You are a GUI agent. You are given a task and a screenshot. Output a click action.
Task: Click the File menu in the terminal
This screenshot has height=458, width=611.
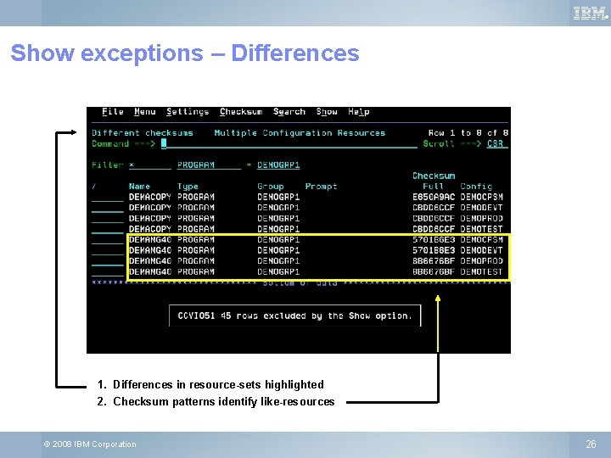(113, 112)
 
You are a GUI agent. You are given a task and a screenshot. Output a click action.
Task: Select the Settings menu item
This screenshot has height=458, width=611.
(188, 112)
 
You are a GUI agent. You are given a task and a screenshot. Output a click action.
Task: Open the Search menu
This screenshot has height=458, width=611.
(289, 112)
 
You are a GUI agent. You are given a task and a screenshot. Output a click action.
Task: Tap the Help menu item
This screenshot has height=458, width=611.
(359, 112)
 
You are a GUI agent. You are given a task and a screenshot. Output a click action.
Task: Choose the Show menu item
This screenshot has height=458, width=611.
(327, 112)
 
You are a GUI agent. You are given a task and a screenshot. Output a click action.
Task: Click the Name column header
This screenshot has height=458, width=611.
(139, 187)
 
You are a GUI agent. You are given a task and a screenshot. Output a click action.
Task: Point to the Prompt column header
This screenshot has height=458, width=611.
(321, 187)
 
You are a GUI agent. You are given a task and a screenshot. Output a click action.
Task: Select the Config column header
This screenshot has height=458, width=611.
(476, 187)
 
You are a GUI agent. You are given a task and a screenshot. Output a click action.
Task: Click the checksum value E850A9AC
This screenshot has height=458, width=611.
(434, 197)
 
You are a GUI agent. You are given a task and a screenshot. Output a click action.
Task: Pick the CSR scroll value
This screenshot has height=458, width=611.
(496, 144)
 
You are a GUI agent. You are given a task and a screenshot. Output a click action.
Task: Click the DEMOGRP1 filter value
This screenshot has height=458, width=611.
(278, 165)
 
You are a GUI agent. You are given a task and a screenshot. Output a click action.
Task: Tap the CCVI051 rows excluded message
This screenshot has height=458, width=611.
(294, 316)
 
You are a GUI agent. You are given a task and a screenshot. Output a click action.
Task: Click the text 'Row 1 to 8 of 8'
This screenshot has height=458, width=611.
(468, 133)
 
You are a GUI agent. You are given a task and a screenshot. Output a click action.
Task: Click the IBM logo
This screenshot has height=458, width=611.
(590, 13)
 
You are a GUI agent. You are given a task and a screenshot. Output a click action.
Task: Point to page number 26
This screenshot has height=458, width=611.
(591, 444)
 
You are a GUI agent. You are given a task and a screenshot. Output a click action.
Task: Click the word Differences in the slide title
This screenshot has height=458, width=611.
(295, 53)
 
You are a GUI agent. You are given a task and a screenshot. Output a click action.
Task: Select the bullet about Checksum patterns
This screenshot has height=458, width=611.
(223, 401)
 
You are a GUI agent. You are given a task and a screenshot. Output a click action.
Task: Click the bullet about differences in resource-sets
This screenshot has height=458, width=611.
(218, 384)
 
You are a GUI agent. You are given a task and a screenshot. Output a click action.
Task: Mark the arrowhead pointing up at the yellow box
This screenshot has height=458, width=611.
(438, 299)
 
